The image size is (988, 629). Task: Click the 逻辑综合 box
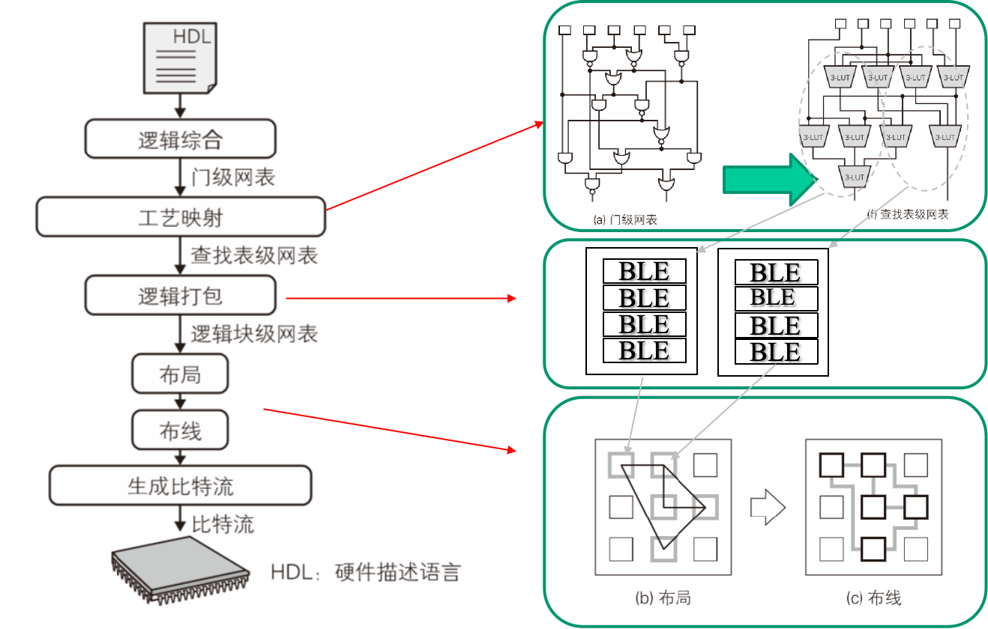point(180,139)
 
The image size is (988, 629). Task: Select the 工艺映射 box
point(180,217)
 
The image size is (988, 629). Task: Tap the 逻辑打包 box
point(180,296)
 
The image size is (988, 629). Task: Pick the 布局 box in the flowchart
point(180,374)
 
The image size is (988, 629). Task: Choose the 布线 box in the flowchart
point(180,431)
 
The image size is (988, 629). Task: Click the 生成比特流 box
point(180,486)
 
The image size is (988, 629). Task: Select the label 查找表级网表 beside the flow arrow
point(254,255)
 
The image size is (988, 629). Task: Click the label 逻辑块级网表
point(254,334)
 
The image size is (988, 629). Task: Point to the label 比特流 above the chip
point(223,524)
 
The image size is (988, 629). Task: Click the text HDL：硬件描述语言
point(365,573)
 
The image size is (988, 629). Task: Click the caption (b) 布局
point(663,598)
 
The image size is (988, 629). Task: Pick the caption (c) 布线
point(873,598)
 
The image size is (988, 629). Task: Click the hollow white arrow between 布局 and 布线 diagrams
point(768,508)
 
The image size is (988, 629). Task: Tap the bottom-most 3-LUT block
point(854,177)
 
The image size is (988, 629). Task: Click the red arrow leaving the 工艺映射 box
point(435,167)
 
